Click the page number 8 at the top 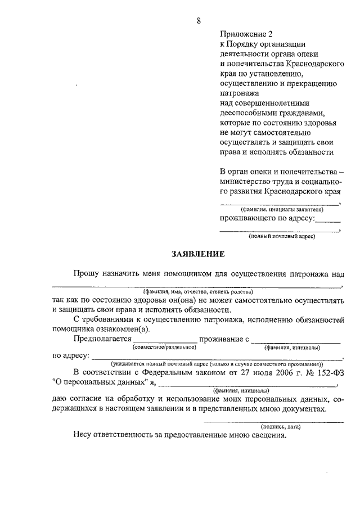pyautogui.click(x=199, y=21)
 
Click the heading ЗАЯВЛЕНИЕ pyautogui.click(x=198, y=254)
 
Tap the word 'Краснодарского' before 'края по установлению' pyautogui.click(x=312, y=64)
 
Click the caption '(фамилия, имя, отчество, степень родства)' pyautogui.click(x=197, y=292)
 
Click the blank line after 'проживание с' pyautogui.click(x=295, y=341)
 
